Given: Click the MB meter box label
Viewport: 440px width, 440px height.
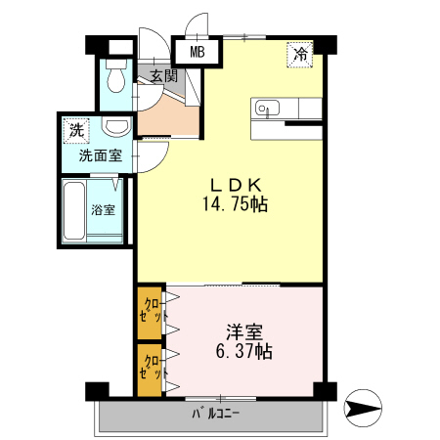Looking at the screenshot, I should pos(197,53).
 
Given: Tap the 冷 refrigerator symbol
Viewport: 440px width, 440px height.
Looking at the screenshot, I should pos(301,55).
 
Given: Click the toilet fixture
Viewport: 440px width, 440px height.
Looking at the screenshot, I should pos(116,76).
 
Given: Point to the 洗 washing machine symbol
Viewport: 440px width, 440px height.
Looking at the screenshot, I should pos(76,130).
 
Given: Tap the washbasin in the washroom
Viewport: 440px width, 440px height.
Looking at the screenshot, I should pos(117,127).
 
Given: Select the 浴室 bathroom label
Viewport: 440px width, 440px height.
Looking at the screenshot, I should pos(103,209).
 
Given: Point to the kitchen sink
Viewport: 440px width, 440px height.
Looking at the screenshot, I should pos(267,108).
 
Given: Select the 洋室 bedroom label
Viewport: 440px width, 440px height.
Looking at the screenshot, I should pos(245,331).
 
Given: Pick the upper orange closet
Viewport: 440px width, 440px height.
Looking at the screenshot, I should pos(150,311).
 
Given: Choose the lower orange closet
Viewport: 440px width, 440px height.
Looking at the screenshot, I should pos(150,369).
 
